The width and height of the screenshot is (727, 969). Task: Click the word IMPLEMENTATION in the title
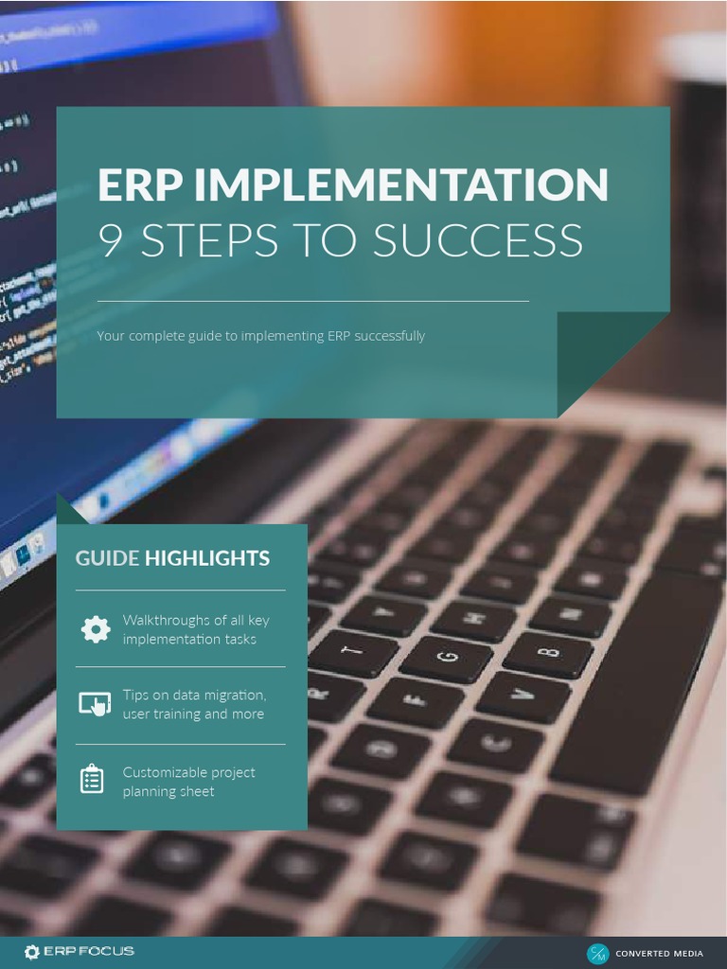point(401,185)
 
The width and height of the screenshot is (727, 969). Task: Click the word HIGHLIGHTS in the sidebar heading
point(206,558)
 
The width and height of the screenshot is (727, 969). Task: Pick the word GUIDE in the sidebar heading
point(107,558)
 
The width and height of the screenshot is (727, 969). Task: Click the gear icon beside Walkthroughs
point(95,629)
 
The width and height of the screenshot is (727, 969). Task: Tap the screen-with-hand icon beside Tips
point(94,704)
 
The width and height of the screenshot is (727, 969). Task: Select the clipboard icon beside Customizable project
point(92,779)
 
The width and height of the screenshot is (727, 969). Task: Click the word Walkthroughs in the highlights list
point(167,621)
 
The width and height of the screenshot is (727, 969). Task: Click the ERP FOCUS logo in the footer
point(80,951)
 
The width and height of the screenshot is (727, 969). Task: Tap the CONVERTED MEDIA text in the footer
point(659,954)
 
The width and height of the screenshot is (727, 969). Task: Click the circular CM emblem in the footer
point(598,954)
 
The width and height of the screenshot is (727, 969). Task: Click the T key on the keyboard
point(353,651)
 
